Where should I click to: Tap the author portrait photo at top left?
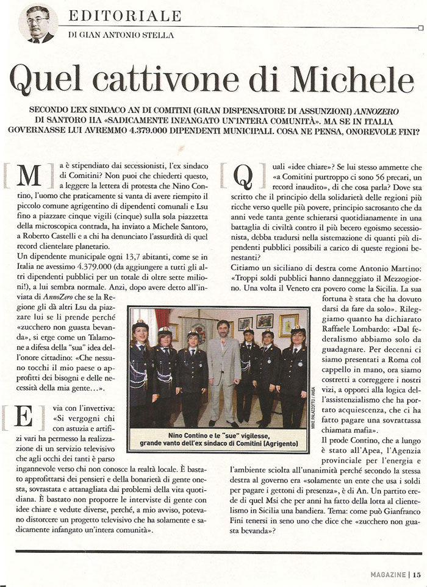click(38, 23)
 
